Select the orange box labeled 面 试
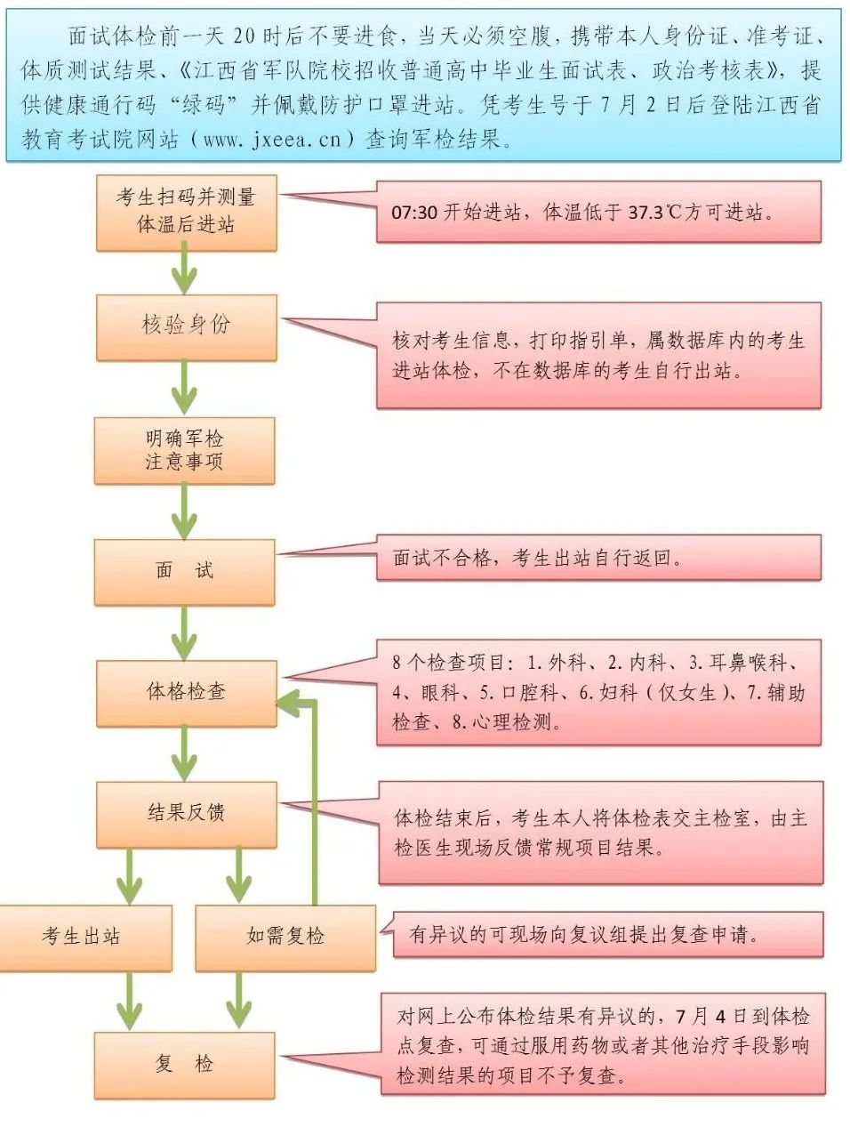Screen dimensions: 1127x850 click(x=184, y=571)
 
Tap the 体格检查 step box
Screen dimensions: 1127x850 click(x=186, y=692)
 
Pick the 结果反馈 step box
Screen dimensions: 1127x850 click(x=186, y=813)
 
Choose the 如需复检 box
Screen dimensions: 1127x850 click(x=285, y=937)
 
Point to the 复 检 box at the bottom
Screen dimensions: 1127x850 click(x=184, y=1064)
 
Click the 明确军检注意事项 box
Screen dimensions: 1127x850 click(x=184, y=450)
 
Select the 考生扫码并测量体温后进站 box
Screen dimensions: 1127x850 click(x=186, y=211)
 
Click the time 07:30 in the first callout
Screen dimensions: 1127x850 click(x=413, y=213)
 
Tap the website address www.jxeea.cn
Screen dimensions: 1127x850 click(x=272, y=140)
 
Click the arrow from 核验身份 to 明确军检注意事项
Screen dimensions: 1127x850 click(x=184, y=388)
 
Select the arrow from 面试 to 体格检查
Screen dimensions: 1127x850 click(x=184, y=633)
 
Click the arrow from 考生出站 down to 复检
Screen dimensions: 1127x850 click(x=130, y=1001)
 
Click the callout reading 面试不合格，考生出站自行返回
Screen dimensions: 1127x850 click(x=598, y=559)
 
